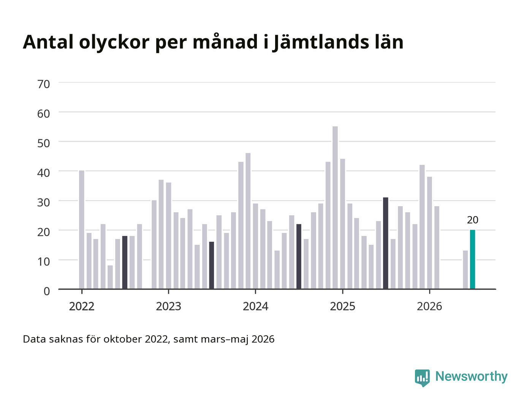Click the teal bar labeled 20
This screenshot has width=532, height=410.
pyautogui.click(x=472, y=259)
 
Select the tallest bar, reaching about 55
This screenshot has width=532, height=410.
pyautogui.click(x=335, y=208)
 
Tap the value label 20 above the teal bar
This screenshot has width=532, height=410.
pyautogui.click(x=472, y=220)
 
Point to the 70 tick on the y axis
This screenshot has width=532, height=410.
pyautogui.click(x=44, y=84)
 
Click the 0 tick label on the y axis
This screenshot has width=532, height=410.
pyautogui.click(x=47, y=291)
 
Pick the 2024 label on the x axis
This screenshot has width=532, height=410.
pyautogui.click(x=255, y=306)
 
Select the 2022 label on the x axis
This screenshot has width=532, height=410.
pyautogui.click(x=82, y=306)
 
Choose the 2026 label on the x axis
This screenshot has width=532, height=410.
pyautogui.click(x=429, y=306)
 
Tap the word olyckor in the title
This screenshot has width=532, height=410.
pyautogui.click(x=114, y=42)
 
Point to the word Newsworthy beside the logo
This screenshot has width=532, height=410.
pyautogui.click(x=471, y=377)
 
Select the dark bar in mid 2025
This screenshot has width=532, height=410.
pyautogui.click(x=386, y=243)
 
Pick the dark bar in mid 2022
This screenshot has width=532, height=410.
pyautogui.click(x=125, y=262)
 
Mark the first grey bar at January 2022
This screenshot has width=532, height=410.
pyautogui.click(x=82, y=230)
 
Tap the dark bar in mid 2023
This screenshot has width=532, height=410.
pyautogui.click(x=212, y=265)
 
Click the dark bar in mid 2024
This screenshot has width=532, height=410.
pyautogui.click(x=299, y=257)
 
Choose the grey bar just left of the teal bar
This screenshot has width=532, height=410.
pyautogui.click(x=465, y=270)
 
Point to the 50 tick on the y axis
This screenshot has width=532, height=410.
pyautogui.click(x=44, y=143)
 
